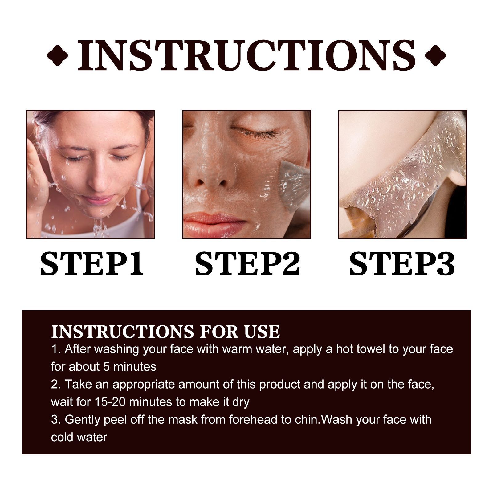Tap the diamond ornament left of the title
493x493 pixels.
coord(57,55)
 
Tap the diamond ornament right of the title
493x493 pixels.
coord(435,55)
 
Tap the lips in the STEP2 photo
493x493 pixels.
coord(213,220)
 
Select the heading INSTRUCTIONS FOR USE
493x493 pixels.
coord(165,332)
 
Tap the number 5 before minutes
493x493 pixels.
coord(106,367)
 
